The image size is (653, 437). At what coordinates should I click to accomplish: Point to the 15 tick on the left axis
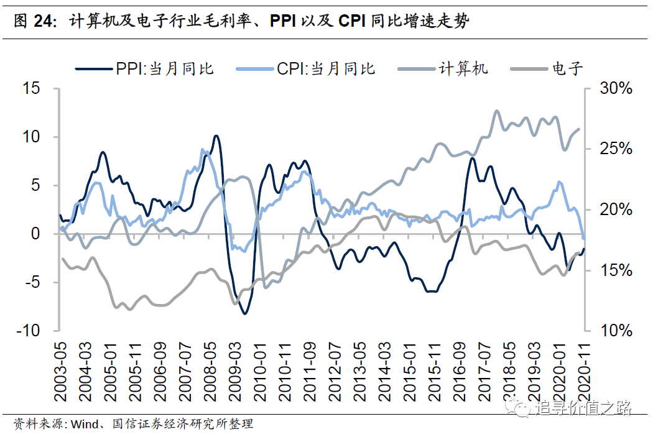click(32, 88)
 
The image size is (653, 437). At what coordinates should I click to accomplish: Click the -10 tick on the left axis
click(28, 331)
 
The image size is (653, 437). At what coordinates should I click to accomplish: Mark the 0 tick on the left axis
click(37, 234)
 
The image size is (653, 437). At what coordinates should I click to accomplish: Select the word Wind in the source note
click(85, 425)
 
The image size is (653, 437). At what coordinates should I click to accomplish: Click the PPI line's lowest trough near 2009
click(244, 314)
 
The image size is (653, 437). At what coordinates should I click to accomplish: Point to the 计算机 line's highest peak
click(496, 111)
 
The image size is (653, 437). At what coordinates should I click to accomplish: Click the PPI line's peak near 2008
click(216, 136)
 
